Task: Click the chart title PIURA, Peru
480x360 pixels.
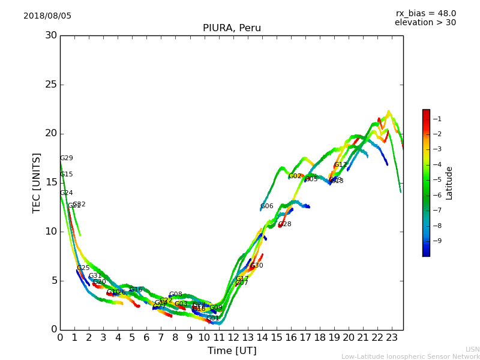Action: point(232,28)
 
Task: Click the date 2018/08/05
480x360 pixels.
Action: point(47,16)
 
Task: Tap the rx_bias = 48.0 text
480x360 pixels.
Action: point(425,13)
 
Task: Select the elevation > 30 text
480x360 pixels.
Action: point(425,23)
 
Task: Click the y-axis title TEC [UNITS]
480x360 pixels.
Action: point(37,182)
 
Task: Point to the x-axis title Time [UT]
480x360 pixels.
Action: point(232,351)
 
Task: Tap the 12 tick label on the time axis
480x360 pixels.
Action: point(233,338)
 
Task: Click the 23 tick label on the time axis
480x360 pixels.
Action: point(392,338)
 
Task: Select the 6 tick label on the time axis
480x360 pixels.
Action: point(146,338)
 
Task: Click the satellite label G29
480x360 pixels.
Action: point(67,158)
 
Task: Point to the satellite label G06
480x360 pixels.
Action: point(267,206)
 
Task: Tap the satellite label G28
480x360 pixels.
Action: point(285,224)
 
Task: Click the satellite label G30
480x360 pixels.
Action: point(257,266)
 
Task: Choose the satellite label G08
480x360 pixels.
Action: point(176,295)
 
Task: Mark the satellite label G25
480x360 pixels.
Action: point(83,268)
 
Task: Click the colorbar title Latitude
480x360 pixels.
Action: point(449,183)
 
